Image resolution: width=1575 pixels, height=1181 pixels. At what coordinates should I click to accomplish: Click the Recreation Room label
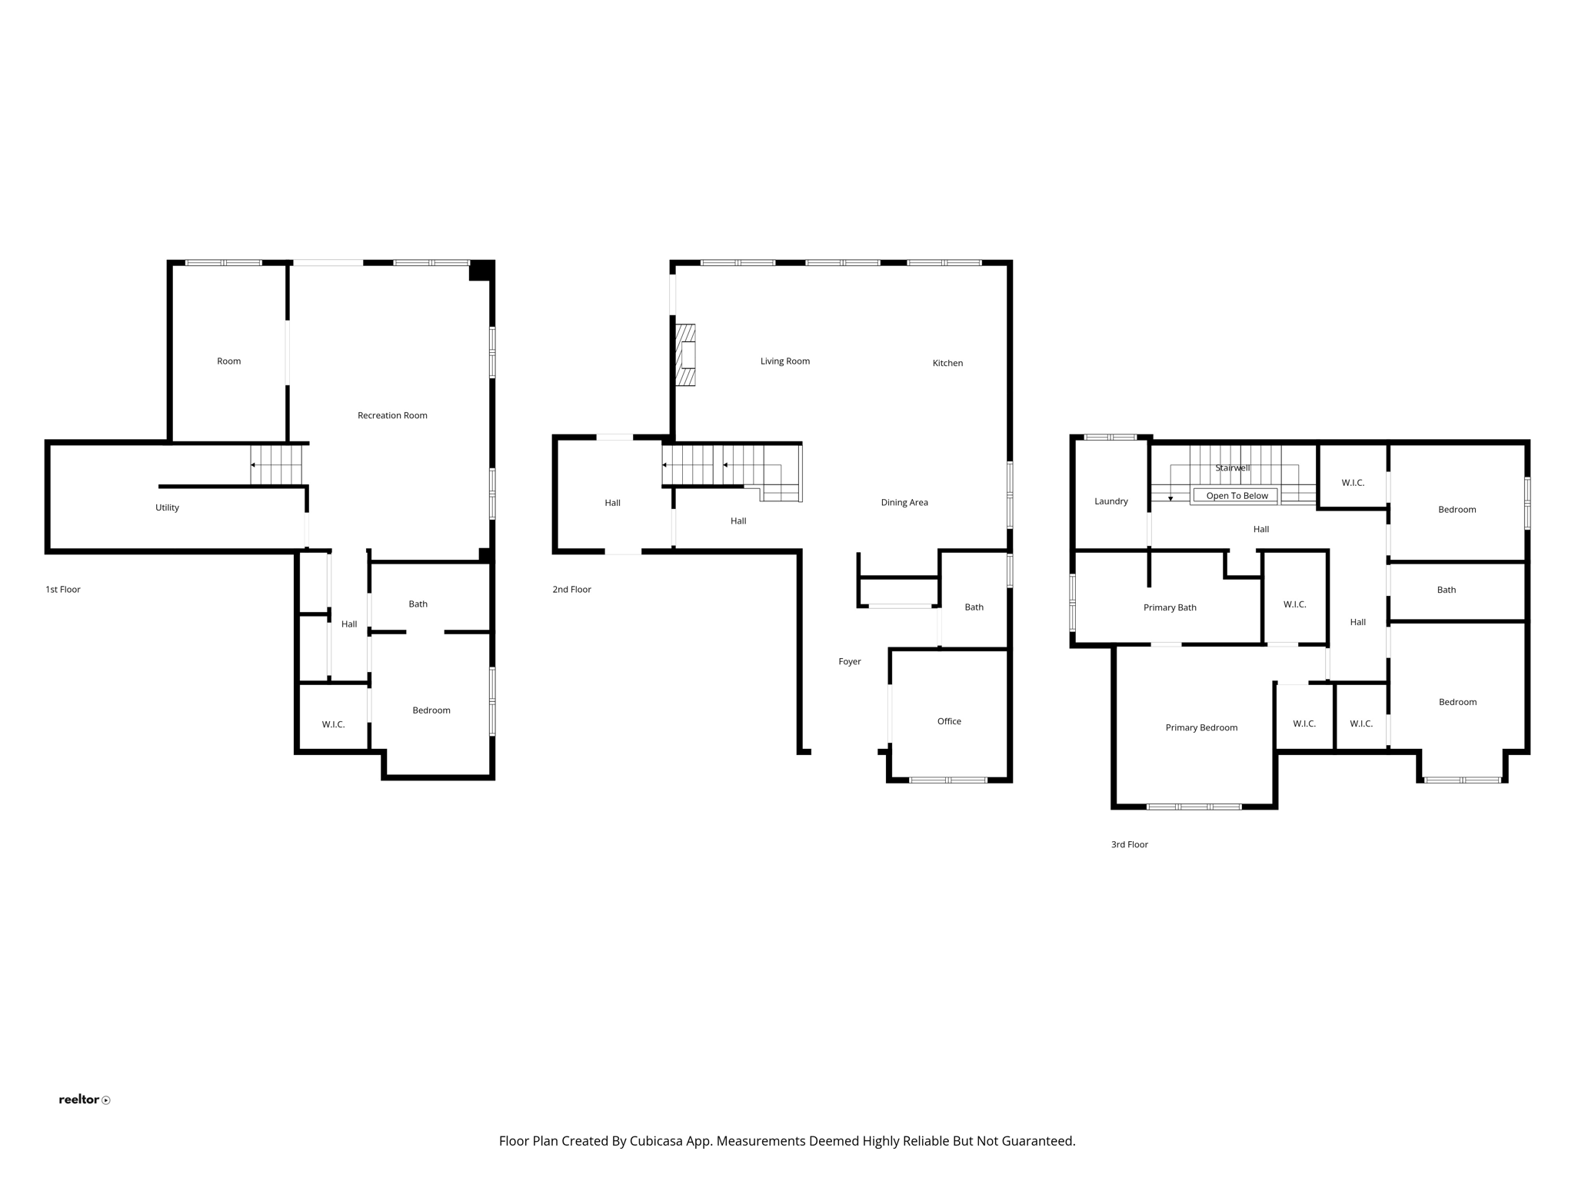tap(392, 415)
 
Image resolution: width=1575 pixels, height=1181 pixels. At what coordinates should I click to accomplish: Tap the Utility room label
tap(167, 507)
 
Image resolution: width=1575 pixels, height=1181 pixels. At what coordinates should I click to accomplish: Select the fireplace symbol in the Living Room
tap(685, 354)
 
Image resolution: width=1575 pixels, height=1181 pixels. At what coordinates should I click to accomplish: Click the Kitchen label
tap(947, 363)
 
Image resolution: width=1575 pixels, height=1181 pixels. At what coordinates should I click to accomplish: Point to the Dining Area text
tap(904, 502)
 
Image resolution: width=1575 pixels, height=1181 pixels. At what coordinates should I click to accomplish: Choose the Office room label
tap(949, 721)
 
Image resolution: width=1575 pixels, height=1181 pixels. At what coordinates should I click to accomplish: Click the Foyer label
tap(850, 661)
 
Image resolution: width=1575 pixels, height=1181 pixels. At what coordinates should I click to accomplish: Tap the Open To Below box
tap(1237, 496)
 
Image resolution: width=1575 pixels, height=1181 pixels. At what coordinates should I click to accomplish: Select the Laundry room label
tap(1111, 501)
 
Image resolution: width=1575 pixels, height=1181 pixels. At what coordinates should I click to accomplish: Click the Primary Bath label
tap(1170, 607)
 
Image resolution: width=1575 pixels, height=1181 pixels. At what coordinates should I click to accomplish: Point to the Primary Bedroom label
tap(1201, 727)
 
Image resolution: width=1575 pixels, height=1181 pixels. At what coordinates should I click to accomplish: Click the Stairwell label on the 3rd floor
tap(1233, 467)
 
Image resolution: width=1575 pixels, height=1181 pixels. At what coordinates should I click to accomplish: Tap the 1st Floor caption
tap(63, 590)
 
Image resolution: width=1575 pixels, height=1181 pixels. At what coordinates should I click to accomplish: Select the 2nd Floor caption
tap(571, 590)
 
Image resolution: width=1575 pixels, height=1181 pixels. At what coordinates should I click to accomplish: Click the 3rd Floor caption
tap(1129, 844)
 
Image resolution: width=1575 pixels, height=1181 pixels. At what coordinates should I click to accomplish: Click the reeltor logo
tap(84, 1099)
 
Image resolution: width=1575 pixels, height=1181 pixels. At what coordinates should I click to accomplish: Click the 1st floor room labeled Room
tap(228, 361)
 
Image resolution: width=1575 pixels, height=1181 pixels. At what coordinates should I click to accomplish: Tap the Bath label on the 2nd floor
tap(974, 607)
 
